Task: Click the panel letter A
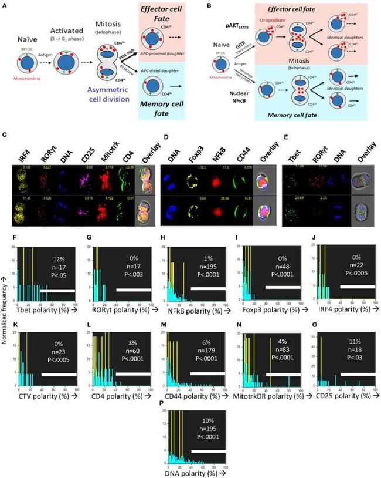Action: point(5,5)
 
